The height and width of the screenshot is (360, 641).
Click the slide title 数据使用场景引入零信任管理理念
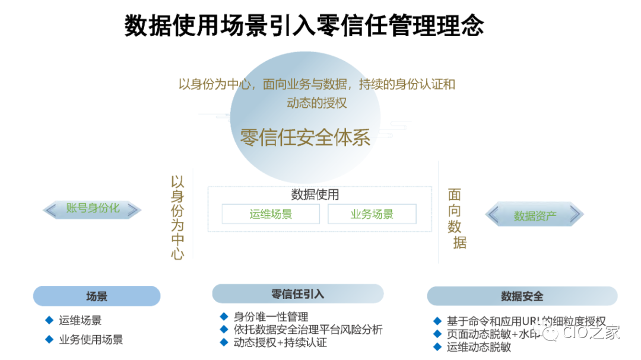[x=304, y=26]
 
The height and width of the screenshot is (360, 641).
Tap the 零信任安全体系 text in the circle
[x=305, y=137]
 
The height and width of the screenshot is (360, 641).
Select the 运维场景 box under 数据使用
[x=271, y=214]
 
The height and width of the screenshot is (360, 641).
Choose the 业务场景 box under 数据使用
[x=372, y=214]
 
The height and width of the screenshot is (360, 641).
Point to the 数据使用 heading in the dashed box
[x=315, y=195]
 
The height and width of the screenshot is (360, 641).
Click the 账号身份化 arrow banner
[x=93, y=209]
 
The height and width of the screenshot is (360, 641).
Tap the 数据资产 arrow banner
[x=535, y=215]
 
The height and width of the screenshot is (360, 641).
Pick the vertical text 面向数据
[x=455, y=218]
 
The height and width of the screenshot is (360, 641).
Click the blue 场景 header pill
[x=97, y=296]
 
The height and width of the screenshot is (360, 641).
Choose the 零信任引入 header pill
[x=297, y=294]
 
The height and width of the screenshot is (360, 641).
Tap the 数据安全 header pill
[x=522, y=296]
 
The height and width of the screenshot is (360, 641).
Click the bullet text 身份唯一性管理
[x=271, y=317]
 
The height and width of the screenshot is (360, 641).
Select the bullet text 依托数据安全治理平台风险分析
[x=308, y=330]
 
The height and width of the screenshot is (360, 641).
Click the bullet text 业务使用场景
[x=91, y=340]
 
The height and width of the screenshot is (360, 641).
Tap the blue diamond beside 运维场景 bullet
[x=49, y=320]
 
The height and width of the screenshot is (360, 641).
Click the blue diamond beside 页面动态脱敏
[x=437, y=333]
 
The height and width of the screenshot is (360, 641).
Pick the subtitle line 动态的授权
[x=316, y=102]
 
